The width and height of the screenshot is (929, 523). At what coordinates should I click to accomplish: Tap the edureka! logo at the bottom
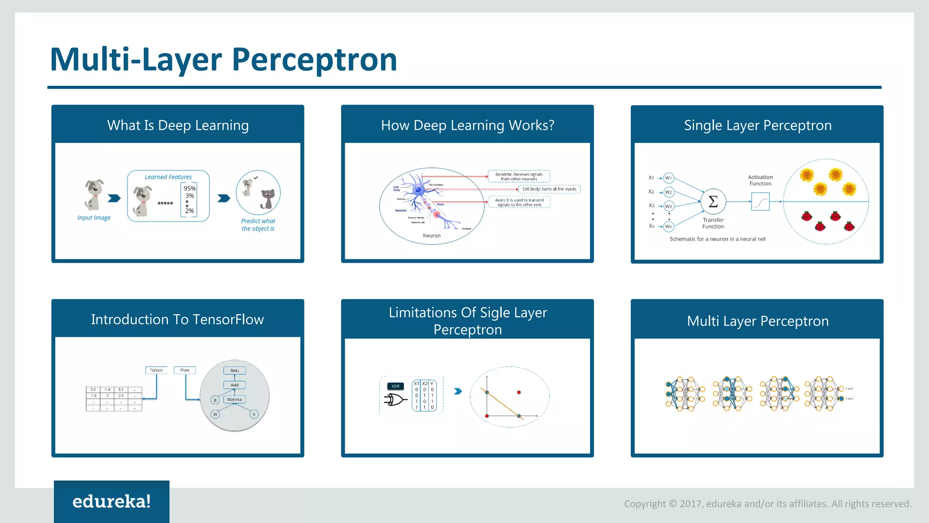pos(112,501)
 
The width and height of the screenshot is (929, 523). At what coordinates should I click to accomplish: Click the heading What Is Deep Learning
pos(178,125)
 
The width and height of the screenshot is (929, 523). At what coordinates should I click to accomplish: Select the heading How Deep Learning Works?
pos(467,125)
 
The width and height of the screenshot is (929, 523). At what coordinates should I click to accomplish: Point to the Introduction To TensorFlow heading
pos(177,320)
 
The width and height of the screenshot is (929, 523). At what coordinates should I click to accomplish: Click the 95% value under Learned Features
pos(190,188)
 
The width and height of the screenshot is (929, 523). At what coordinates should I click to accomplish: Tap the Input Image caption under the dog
pos(94,218)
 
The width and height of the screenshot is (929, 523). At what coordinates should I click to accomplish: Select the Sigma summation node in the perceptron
pos(713,201)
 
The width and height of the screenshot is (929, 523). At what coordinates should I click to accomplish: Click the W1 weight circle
pos(668,178)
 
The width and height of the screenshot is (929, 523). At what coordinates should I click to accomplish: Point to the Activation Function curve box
pos(760,202)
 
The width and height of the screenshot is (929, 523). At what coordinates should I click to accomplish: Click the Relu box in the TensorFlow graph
pos(235,370)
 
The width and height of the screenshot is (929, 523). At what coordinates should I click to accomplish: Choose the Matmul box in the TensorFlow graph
pos(235,400)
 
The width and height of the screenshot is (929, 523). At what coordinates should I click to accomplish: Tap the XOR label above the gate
pos(396,386)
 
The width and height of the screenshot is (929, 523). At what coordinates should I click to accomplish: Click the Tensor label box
pos(156,370)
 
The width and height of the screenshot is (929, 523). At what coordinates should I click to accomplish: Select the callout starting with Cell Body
pos(549,189)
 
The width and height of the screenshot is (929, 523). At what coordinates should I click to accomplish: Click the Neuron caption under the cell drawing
pos(431,236)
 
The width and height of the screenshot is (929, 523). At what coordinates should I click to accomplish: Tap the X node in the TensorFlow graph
pos(254,414)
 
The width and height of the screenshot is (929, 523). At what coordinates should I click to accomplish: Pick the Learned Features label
pos(168,177)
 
